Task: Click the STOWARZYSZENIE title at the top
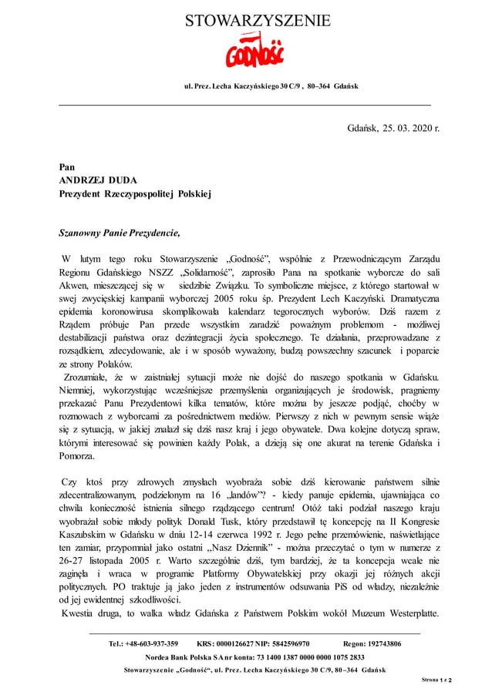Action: [x=258, y=21]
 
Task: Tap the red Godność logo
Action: [x=254, y=53]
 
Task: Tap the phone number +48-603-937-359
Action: [x=144, y=643]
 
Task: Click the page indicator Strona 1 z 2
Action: [x=436, y=680]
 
